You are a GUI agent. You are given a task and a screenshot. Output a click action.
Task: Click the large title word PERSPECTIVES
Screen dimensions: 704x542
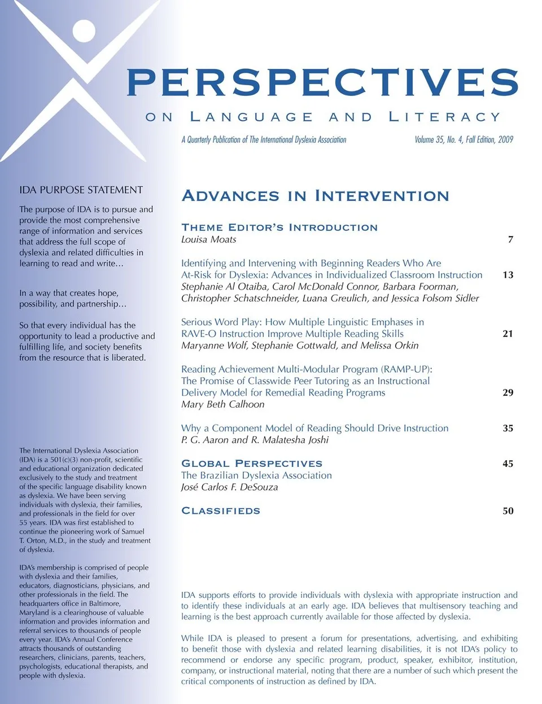click(322, 82)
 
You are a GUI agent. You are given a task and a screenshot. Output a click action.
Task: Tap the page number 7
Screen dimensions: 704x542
click(510, 239)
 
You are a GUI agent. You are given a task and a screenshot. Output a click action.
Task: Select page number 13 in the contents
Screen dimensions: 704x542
click(508, 275)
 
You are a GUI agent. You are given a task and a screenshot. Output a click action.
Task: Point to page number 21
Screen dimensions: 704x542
click(508, 334)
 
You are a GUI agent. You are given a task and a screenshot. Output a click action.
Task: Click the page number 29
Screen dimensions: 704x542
click(508, 392)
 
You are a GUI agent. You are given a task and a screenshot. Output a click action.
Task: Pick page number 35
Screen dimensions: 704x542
click(508, 428)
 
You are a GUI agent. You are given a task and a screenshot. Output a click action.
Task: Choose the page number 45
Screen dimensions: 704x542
click(508, 463)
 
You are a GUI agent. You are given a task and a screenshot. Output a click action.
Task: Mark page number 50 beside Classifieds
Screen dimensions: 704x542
click(508, 511)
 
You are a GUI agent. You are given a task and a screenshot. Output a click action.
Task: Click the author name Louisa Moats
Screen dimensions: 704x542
click(209, 239)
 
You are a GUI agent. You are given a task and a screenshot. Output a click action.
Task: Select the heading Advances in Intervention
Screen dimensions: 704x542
click(315, 196)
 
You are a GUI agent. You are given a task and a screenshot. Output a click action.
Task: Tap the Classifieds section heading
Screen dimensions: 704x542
click(221, 511)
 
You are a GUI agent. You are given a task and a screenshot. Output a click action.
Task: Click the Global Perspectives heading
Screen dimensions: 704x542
click(252, 463)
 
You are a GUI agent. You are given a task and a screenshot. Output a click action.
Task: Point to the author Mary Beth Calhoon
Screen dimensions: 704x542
click(222, 404)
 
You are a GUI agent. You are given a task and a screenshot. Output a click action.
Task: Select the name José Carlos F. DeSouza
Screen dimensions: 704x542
click(229, 487)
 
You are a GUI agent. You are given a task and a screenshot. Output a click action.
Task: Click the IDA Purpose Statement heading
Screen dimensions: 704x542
click(81, 190)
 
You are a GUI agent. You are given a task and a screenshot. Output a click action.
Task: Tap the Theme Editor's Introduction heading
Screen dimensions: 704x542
click(279, 228)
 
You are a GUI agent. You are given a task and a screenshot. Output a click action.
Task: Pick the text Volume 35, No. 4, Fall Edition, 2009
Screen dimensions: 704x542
click(464, 139)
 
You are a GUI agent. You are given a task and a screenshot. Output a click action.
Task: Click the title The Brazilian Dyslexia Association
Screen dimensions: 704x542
click(256, 475)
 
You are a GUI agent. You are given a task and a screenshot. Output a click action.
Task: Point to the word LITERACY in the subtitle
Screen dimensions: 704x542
click(445, 117)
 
